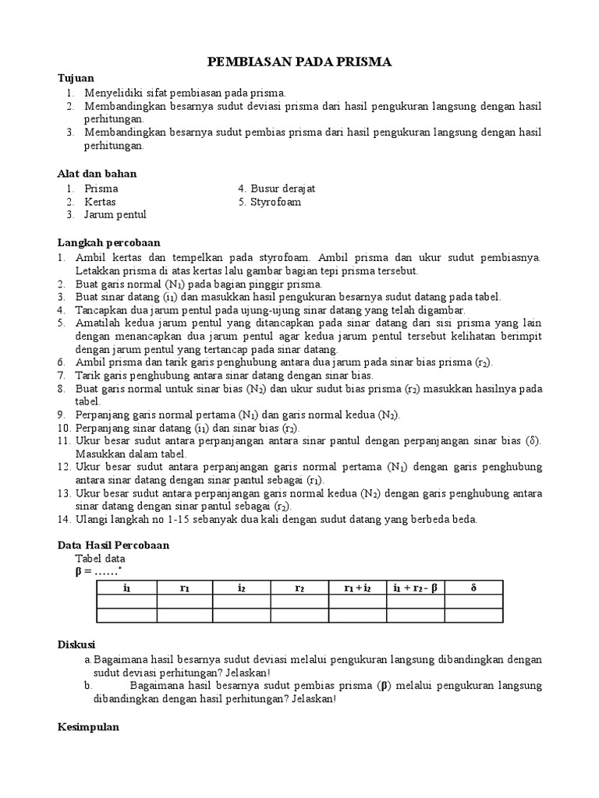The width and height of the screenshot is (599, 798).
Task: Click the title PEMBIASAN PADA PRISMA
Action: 299,62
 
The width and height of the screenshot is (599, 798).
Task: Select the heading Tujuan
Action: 76,78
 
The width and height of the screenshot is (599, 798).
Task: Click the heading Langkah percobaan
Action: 108,243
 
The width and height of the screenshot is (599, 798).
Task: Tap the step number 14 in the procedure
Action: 65,519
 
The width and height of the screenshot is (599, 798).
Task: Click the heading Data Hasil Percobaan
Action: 114,546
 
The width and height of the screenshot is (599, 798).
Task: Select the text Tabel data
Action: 99,559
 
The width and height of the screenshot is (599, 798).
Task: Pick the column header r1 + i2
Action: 357,588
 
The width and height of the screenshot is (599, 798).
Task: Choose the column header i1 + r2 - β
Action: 415,588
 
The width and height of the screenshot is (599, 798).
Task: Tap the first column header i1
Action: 126,588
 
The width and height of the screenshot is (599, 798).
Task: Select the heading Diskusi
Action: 76,644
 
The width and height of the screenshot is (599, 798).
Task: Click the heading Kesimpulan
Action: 88,727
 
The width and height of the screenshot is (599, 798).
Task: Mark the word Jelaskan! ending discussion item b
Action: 314,699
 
